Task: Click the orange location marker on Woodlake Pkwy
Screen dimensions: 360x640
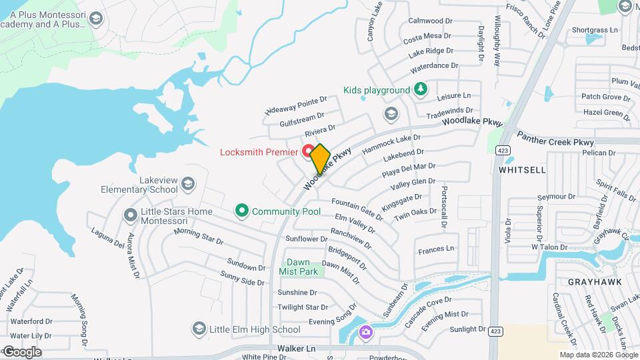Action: click(320, 159)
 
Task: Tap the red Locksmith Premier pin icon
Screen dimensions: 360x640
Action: click(309, 151)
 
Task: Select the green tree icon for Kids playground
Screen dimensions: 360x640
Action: click(420, 89)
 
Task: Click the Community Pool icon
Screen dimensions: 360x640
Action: click(241, 211)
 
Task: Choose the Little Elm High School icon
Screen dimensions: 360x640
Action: click(198, 329)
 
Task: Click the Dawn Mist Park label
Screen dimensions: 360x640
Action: click(303, 267)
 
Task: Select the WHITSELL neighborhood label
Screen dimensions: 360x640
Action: click(522, 170)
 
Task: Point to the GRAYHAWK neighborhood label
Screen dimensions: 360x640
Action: click(595, 282)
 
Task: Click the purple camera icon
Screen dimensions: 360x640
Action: click(365, 332)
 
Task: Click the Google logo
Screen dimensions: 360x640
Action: click(22, 351)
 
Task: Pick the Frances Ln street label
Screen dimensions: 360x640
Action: click(435, 249)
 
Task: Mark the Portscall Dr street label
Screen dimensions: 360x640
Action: click(443, 207)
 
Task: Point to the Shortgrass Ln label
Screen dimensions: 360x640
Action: click(595, 30)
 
